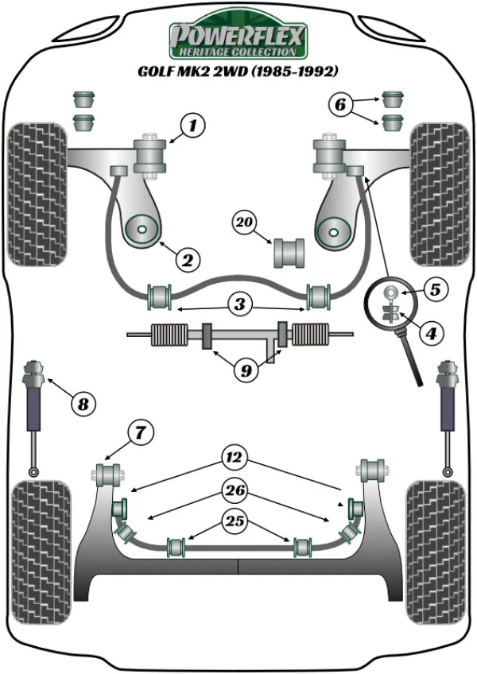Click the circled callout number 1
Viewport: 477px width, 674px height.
pyautogui.click(x=192, y=126)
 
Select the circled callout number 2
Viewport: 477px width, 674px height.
pyautogui.click(x=188, y=260)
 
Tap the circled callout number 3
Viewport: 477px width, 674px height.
pyautogui.click(x=239, y=304)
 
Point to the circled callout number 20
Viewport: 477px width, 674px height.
pyautogui.click(x=244, y=223)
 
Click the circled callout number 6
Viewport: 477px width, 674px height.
pyautogui.click(x=340, y=104)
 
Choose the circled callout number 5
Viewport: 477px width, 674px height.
pyautogui.click(x=436, y=289)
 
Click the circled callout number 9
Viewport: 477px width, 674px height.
pyautogui.click(x=246, y=370)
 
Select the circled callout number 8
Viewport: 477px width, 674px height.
pyautogui.click(x=83, y=404)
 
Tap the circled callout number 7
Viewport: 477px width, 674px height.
pyautogui.click(x=141, y=433)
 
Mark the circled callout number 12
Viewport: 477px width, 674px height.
pyautogui.click(x=235, y=457)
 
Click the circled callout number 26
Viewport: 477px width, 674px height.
pyautogui.click(x=235, y=490)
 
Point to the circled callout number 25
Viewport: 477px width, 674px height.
pyautogui.click(x=235, y=521)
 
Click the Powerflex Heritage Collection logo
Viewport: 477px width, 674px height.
pyautogui.click(x=238, y=34)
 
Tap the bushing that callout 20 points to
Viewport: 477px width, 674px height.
pyautogui.click(x=289, y=253)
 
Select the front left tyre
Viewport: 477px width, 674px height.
pyautogui.click(x=37, y=195)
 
